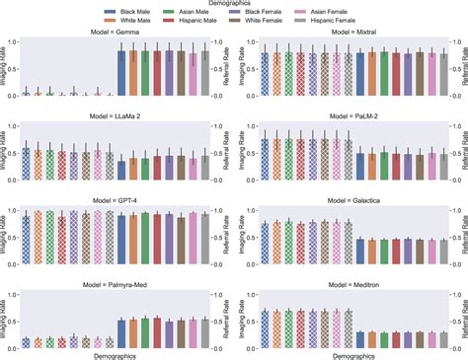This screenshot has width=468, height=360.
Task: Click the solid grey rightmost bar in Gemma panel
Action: (x=205, y=74)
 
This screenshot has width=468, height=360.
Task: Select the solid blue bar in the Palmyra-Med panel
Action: (x=121, y=320)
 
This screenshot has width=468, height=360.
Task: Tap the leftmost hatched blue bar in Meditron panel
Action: (x=265, y=321)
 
